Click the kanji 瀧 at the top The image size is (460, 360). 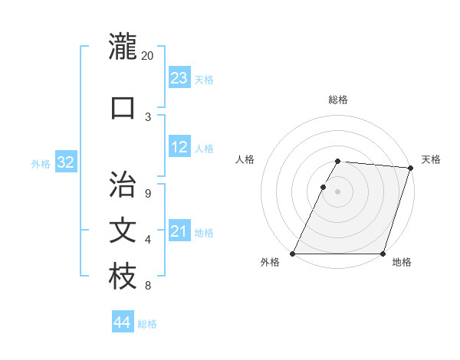(123, 47)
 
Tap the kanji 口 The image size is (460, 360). (123, 107)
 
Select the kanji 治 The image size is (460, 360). (123, 185)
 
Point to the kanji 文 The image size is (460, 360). (123, 231)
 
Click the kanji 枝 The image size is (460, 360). (123, 277)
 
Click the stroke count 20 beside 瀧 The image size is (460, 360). (148, 56)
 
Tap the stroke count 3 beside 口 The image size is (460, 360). (148, 116)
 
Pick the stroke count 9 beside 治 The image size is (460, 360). (148, 194)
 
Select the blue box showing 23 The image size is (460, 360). (179, 77)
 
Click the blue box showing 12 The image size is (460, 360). (179, 147)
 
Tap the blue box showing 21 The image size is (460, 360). (179, 231)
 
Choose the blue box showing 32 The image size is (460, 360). (65, 162)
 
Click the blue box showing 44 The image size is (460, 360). (122, 322)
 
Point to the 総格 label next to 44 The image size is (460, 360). (147, 324)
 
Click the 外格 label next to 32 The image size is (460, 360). (41, 164)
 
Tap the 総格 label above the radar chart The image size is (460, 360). (338, 100)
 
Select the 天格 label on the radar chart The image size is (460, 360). (432, 159)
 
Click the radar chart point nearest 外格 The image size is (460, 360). (293, 254)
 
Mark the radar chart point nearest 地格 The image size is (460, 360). (383, 254)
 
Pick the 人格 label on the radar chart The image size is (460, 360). (245, 159)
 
